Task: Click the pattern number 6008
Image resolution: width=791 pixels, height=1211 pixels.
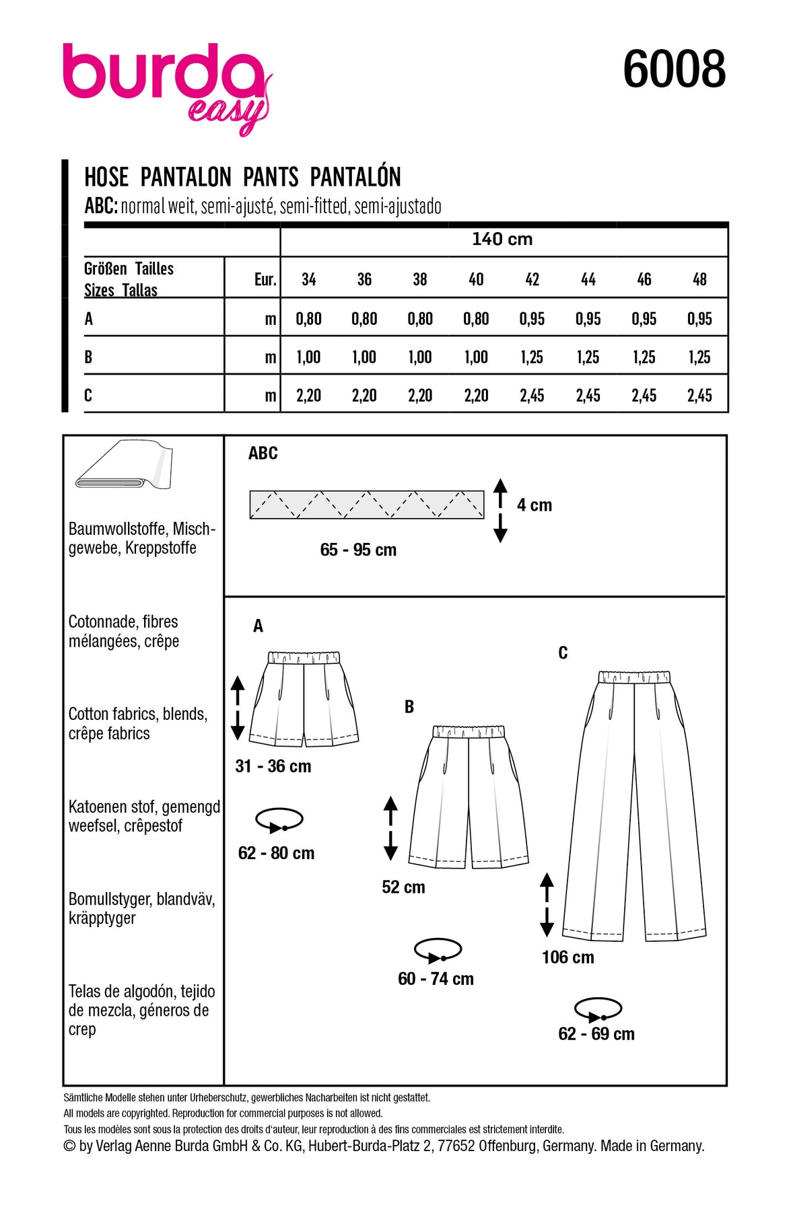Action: [x=674, y=69]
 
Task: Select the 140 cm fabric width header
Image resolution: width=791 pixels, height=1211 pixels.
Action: [x=502, y=240]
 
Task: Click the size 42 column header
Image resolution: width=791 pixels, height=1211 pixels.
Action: [x=532, y=279]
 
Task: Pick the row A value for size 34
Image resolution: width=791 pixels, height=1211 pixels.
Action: [x=308, y=319]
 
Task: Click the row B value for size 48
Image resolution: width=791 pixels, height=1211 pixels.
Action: [x=699, y=357]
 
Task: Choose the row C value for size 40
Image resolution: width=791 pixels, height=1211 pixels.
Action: [x=476, y=396]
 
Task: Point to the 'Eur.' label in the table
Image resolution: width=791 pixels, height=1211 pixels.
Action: [x=265, y=280]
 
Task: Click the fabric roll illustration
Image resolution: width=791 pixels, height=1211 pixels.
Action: [x=125, y=466]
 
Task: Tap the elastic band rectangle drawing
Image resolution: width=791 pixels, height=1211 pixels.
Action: [x=366, y=505]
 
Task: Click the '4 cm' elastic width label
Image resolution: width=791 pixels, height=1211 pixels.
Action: [x=535, y=505]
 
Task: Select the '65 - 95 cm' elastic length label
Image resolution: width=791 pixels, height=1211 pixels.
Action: [x=358, y=550]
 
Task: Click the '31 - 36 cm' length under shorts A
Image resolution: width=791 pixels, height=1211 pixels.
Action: [x=273, y=766]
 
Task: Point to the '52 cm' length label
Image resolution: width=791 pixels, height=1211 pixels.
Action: [x=403, y=887]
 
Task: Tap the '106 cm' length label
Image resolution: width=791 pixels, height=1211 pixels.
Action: [x=568, y=957]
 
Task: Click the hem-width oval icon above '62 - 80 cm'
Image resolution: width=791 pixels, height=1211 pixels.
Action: [x=279, y=820]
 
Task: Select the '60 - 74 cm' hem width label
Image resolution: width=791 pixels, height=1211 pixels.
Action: [x=436, y=979]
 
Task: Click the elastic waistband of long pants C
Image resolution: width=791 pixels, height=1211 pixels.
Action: [x=634, y=676]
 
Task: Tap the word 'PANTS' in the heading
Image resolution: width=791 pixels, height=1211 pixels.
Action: [x=271, y=178]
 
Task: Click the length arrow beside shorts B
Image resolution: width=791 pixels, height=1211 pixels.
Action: [x=390, y=828]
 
